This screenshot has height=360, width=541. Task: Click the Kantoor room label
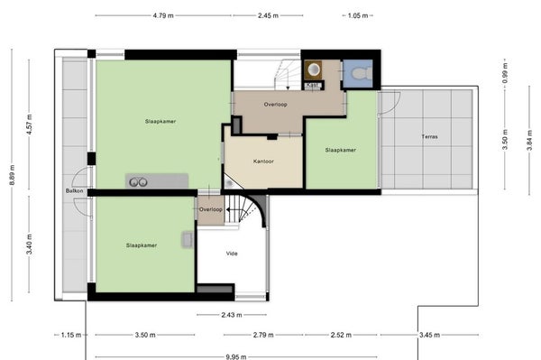263,162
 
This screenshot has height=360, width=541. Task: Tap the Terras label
429,136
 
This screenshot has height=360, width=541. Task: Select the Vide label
232,254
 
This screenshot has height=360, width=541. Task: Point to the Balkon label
75,191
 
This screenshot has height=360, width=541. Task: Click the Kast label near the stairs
313,85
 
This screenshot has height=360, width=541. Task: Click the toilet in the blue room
362,73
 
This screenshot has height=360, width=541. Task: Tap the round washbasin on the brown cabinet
314,69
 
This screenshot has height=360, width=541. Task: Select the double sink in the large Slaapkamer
138,182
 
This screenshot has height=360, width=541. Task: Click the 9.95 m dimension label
236,356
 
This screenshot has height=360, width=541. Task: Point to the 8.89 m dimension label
12,175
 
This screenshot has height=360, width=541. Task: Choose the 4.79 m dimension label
163,15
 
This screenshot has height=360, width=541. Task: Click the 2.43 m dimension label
232,315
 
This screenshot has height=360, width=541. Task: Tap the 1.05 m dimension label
358,15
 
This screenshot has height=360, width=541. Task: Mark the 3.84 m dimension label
529,140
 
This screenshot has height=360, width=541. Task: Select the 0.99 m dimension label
505,72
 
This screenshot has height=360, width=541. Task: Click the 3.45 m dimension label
429,335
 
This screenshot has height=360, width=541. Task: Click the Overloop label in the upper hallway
275,105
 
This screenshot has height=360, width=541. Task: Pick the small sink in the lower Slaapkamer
188,239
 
